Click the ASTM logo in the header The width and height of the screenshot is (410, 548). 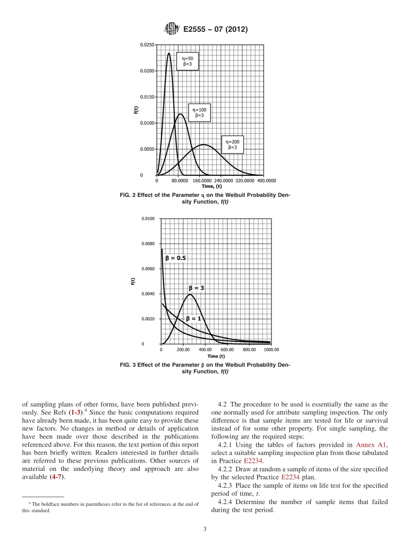coord(171,29)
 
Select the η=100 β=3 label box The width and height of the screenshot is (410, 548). coord(199,113)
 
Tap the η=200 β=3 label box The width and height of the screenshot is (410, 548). coord(233,144)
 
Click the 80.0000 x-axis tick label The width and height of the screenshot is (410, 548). coord(180,181)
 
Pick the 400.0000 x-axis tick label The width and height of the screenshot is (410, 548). coord(266,181)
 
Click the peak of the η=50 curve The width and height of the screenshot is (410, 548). coord(169,53)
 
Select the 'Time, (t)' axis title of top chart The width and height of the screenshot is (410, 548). coord(211,186)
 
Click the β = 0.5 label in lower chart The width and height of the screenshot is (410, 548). coord(176,258)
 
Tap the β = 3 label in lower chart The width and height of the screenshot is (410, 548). coord(196,288)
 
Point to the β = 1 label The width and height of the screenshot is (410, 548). coord(194,318)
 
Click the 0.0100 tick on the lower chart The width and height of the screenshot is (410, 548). coord(148,219)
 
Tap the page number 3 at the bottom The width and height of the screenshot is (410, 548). coord(205,529)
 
